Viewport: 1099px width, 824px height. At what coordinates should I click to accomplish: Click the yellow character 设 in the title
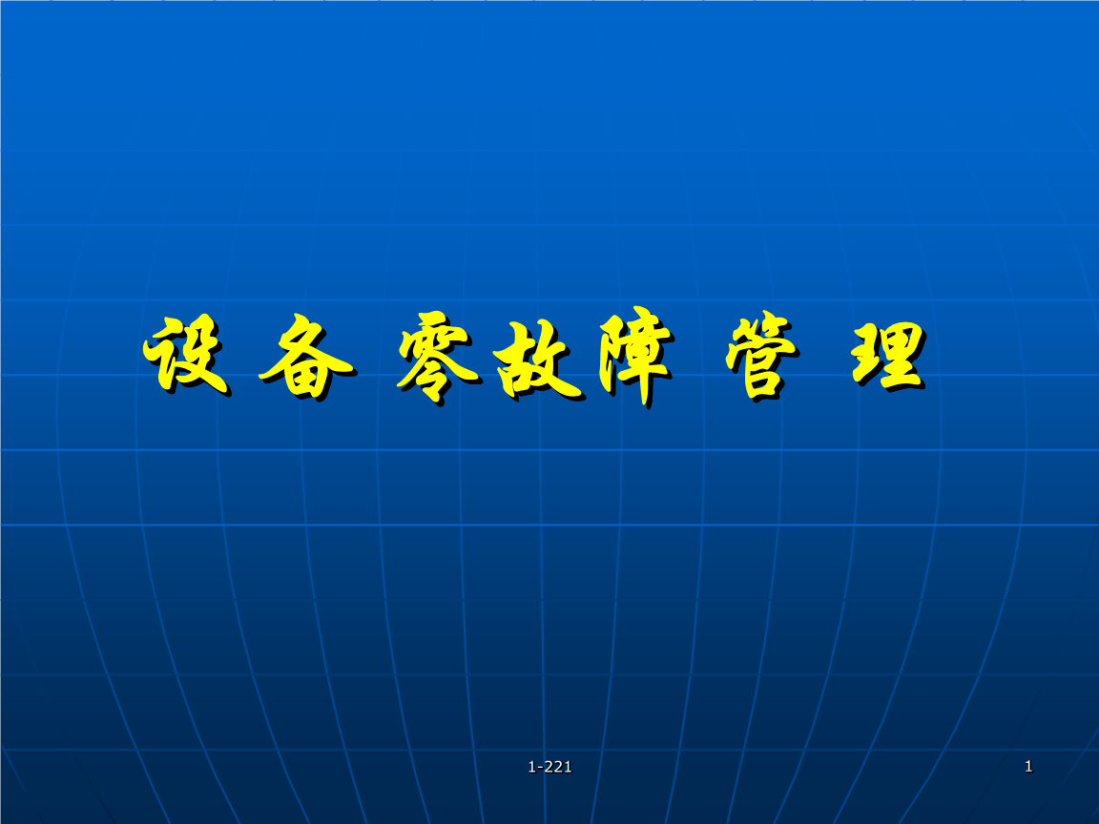pyautogui.click(x=186, y=354)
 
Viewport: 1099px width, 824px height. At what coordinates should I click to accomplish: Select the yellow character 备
pyautogui.click(x=306, y=357)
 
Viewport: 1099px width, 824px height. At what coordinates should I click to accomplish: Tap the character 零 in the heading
pyautogui.click(x=438, y=358)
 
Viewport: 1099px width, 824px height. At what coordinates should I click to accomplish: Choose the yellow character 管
pyautogui.click(x=761, y=355)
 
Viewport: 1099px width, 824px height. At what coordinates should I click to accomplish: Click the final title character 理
pyautogui.click(x=889, y=356)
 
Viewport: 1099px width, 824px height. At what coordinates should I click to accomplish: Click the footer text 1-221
pyautogui.click(x=549, y=767)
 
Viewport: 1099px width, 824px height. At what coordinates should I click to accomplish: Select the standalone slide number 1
pyautogui.click(x=1028, y=766)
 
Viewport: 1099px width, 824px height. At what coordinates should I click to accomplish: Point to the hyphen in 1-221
pyautogui.click(x=538, y=768)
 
